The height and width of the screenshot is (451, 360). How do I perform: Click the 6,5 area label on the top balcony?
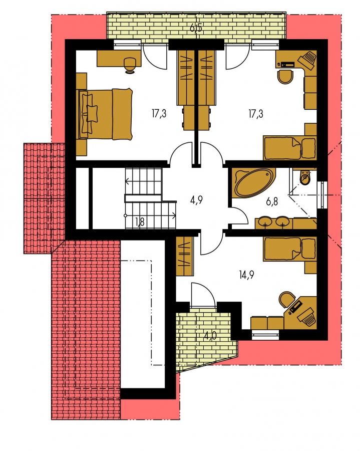pyautogui.click(x=196, y=28)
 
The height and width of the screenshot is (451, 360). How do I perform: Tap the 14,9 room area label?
pyautogui.click(x=246, y=275)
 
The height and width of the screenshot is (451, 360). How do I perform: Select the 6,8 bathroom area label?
pyautogui.click(x=272, y=201)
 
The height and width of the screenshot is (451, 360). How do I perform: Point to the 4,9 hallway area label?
pyautogui.click(x=196, y=199)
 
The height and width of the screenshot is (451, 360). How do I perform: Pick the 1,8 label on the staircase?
pyautogui.click(x=139, y=222)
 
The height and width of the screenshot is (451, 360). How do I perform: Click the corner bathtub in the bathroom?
pyautogui.click(x=253, y=183)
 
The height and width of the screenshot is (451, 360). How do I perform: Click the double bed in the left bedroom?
pyautogui.click(x=105, y=114)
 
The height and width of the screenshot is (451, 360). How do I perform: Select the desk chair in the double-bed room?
pyautogui.click(x=130, y=65)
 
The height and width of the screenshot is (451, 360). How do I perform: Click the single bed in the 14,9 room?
pyautogui.click(x=289, y=249)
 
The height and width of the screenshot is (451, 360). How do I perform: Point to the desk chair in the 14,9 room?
pyautogui.click(x=287, y=300)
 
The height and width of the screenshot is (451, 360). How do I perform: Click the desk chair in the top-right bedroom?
pyautogui.click(x=286, y=77)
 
